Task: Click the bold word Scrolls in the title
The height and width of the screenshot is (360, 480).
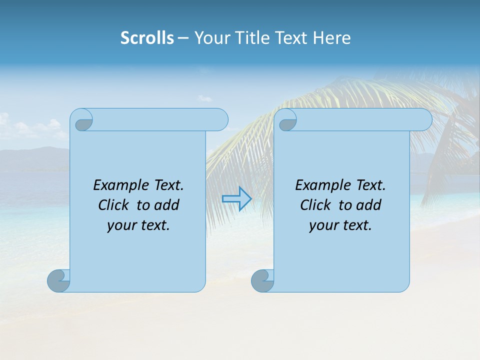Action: (x=147, y=38)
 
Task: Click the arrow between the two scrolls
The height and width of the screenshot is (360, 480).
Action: (x=236, y=198)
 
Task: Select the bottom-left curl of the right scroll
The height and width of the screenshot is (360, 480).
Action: (x=262, y=280)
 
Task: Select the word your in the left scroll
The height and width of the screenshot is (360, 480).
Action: (x=119, y=225)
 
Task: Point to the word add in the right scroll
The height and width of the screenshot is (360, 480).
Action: (x=368, y=205)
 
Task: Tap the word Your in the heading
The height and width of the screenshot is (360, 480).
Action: (x=210, y=38)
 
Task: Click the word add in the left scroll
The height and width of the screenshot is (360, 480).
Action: (x=166, y=205)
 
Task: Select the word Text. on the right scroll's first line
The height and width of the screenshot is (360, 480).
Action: (x=370, y=185)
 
